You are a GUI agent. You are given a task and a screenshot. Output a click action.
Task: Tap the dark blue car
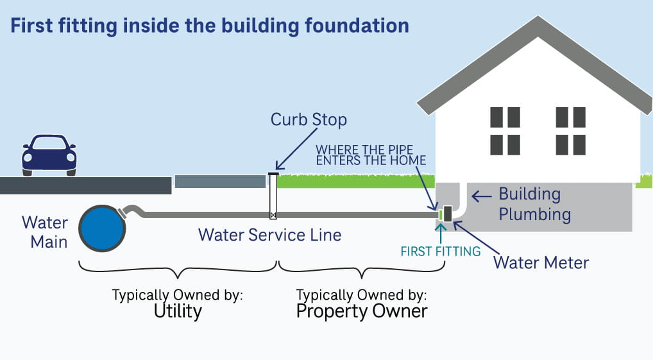pos(49,155)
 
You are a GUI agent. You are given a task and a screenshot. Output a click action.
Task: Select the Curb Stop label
pos(309,120)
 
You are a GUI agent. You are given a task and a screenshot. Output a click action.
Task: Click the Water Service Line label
pos(269,235)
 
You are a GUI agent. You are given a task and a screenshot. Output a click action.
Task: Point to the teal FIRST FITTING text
pos(440,252)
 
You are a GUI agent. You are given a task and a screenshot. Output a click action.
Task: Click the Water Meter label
pos(541,262)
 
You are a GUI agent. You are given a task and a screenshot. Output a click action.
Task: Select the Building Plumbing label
pos(534,204)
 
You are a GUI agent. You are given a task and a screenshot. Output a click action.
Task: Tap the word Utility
pos(178,311)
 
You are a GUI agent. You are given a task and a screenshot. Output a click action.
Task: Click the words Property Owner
pos(362,311)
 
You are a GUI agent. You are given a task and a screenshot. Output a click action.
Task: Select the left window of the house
pos(505,127)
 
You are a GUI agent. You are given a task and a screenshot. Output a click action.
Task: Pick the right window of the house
pos(570,127)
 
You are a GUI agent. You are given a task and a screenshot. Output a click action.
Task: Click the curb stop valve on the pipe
pos(273,215)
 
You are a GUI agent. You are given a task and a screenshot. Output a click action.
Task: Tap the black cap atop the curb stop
pos(273,173)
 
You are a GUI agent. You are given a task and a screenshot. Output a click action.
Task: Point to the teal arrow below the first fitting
pos(440,230)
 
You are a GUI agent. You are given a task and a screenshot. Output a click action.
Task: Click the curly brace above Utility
pos(178,268)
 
